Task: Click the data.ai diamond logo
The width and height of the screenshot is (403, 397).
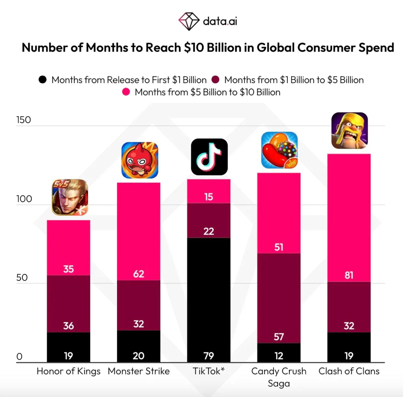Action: click(x=189, y=21)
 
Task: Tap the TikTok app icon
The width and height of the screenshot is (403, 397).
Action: click(x=209, y=157)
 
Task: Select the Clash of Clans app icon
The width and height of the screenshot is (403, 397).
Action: click(x=349, y=130)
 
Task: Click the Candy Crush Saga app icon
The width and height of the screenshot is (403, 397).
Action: click(x=279, y=150)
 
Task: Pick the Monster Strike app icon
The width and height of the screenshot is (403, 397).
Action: click(x=139, y=160)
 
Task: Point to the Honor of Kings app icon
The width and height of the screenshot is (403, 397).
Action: click(x=70, y=197)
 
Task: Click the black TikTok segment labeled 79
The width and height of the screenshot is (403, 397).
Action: click(x=209, y=300)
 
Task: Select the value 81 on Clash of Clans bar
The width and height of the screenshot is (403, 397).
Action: click(x=349, y=275)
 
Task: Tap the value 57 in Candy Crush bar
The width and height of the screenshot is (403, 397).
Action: click(x=279, y=337)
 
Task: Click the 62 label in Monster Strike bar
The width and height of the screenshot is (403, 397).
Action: click(x=139, y=274)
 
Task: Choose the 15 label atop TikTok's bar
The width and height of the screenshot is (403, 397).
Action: click(x=209, y=197)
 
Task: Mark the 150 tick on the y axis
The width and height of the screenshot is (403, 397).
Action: click(x=24, y=120)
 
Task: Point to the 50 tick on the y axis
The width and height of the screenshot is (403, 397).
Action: click(x=22, y=277)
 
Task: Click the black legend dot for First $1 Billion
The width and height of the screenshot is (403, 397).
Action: click(x=43, y=80)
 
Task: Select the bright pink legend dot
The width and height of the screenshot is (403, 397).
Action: click(x=126, y=92)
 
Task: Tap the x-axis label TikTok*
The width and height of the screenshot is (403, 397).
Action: click(x=208, y=371)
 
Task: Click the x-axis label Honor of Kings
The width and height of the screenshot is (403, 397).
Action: click(x=69, y=371)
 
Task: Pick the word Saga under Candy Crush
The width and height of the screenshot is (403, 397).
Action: click(x=279, y=383)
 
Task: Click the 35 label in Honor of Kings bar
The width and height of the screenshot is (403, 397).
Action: click(x=68, y=269)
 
